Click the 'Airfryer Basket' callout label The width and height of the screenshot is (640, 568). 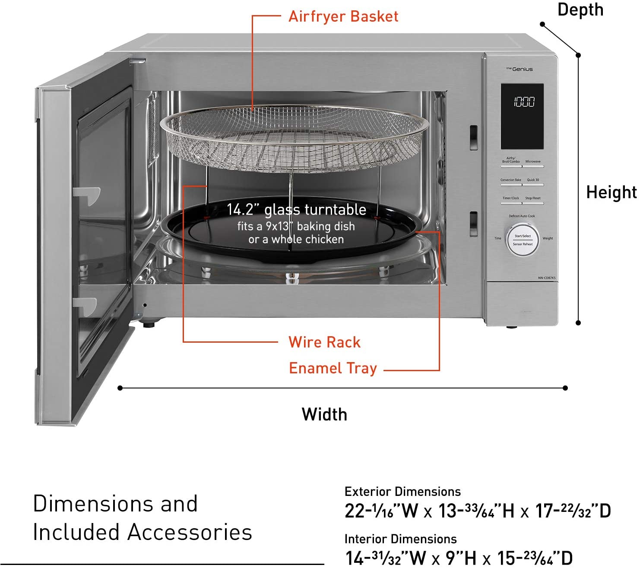click(343, 16)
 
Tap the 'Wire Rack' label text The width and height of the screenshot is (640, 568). click(324, 342)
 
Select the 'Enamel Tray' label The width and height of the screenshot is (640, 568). click(333, 368)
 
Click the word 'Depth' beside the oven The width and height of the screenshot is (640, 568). click(580, 9)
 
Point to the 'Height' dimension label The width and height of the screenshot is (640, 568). click(611, 192)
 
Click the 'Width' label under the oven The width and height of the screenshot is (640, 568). click(324, 414)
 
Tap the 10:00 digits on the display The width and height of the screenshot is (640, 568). click(524, 102)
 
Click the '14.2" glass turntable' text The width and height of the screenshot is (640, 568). click(296, 210)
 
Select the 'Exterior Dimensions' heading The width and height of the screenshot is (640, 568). click(402, 492)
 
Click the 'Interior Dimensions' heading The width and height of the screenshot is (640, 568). click(400, 539)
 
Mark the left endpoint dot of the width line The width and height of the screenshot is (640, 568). click(120, 388)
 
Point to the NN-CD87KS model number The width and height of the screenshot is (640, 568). click(547, 278)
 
